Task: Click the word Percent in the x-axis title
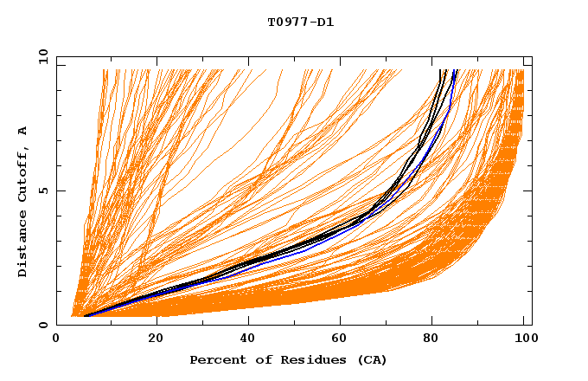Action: [x=216, y=360]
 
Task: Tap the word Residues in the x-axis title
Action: [x=304, y=360]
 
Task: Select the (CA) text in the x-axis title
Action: [x=370, y=360]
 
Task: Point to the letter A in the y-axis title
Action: [x=22, y=131]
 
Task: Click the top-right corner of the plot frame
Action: [x=532, y=57]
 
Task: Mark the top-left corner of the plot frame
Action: [x=57, y=57]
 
